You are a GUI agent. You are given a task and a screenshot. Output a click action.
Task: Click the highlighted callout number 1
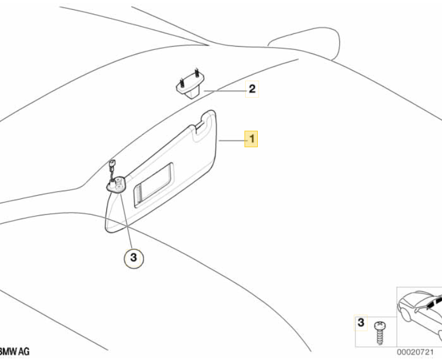click(x=252, y=140)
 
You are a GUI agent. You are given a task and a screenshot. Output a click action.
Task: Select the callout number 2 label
click(x=252, y=88)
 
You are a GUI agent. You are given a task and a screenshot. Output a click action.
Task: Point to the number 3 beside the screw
click(x=360, y=323)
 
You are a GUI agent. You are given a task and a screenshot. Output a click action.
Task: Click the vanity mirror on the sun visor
click(x=154, y=185)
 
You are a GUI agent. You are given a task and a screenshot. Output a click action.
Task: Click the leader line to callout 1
click(x=231, y=141)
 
